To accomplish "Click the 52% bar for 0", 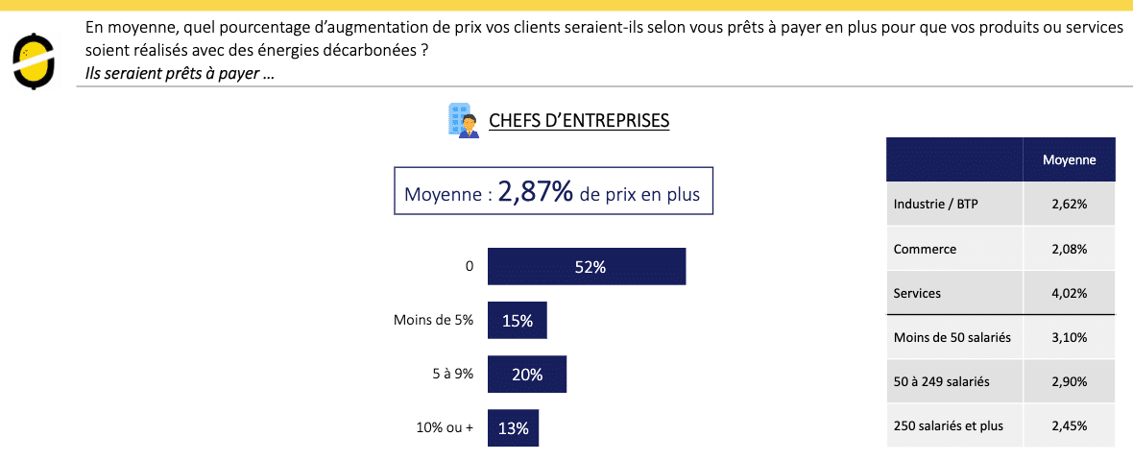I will click(x=587, y=267).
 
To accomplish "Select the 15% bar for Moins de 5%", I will click(x=517, y=321).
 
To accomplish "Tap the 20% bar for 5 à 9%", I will click(x=527, y=375).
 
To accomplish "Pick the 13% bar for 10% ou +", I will click(x=513, y=428).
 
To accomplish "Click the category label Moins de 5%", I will click(x=433, y=321).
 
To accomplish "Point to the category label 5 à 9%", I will click(x=453, y=375).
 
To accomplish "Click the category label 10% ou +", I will click(x=444, y=428).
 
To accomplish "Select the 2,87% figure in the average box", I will click(x=535, y=192).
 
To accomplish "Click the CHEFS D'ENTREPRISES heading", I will click(x=579, y=121).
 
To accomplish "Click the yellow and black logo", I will click(x=33, y=60).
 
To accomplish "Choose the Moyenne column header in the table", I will click(x=1069, y=160).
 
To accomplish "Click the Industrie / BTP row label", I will click(x=935, y=204).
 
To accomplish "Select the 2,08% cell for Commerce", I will click(x=1069, y=249).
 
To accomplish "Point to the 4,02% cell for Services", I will click(x=1069, y=293).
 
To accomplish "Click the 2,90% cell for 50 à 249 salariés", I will click(x=1069, y=381).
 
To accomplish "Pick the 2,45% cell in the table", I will click(x=1069, y=425).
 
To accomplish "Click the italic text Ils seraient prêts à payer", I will click(x=179, y=74).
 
